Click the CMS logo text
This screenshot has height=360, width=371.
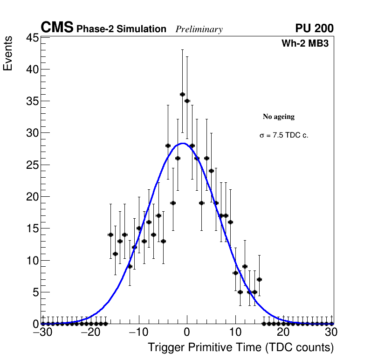coord(57,28)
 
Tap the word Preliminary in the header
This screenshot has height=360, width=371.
coord(199,29)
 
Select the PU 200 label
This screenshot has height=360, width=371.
coord(314,28)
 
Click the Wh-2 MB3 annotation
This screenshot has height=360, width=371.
coord(306,44)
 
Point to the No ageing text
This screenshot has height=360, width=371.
coord(279,117)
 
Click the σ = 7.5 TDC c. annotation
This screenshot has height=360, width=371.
coord(284,135)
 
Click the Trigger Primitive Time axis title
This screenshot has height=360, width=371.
coord(240,347)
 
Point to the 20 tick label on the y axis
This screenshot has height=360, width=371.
coord(31,197)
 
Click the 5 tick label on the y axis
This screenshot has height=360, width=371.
coord(34,292)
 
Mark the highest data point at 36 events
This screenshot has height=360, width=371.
coord(182,95)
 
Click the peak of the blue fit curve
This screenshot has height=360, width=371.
coord(183,143)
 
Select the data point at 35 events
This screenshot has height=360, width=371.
coord(187,101)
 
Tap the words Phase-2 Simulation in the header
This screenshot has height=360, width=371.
coord(121,29)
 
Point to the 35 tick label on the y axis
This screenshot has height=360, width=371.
coord(31,101)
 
